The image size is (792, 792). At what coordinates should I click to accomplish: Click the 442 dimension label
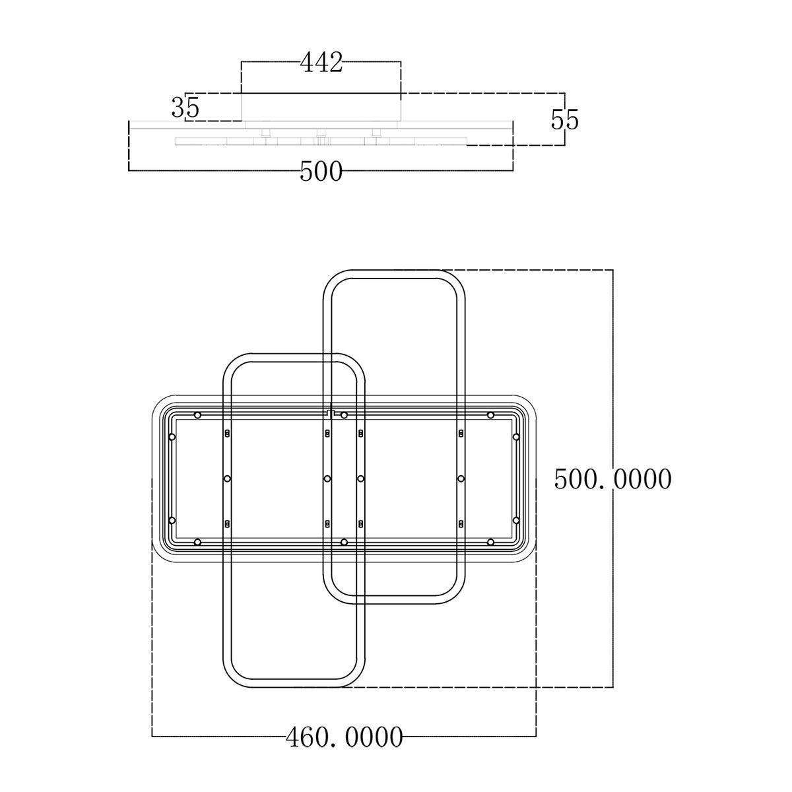click(321, 63)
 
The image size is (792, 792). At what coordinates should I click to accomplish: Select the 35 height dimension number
click(185, 108)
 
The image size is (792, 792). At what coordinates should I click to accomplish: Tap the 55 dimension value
click(564, 120)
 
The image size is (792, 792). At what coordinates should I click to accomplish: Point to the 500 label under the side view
click(321, 172)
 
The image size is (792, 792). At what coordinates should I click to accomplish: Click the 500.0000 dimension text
click(612, 479)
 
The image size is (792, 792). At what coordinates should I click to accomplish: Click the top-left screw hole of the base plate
click(198, 415)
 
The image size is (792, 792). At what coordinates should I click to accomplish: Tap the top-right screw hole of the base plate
click(490, 415)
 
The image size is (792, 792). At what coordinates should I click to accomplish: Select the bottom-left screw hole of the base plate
click(198, 543)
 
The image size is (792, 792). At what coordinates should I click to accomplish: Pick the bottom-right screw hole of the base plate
click(490, 543)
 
